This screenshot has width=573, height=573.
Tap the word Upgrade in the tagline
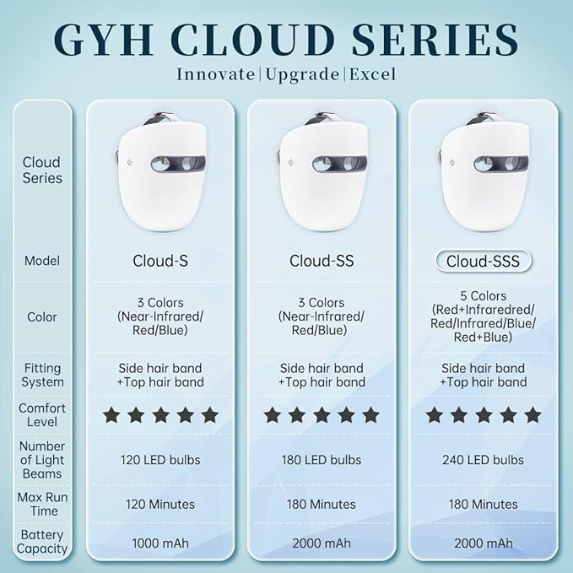point(301,74)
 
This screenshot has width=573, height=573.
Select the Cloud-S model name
point(160,261)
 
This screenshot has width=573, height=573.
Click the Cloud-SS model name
point(322,261)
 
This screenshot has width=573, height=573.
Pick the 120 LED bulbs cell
point(160,460)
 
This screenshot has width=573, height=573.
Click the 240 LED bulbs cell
point(483,460)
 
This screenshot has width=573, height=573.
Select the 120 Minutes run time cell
point(160,504)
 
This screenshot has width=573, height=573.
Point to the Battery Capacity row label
point(41,541)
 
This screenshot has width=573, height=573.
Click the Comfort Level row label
point(41,415)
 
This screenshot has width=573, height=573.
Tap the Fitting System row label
point(41,375)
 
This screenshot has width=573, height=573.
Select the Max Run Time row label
point(41,504)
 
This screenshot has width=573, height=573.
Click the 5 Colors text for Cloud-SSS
point(483,296)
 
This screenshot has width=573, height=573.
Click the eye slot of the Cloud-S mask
point(177,164)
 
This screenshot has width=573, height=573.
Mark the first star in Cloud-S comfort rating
point(111,415)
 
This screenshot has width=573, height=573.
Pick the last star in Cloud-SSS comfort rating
point(532,415)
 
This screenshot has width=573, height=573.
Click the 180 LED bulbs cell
point(322,460)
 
